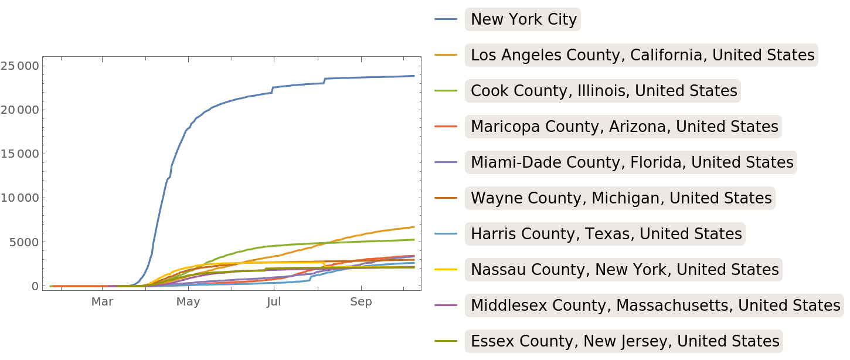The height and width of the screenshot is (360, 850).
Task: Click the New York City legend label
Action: coord(523,19)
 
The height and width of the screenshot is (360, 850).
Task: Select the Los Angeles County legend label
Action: coord(642,55)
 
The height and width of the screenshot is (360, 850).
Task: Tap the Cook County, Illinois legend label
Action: coord(604,91)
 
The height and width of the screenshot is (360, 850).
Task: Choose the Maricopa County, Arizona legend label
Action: coord(624,127)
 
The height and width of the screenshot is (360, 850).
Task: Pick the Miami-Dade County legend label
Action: coord(632,162)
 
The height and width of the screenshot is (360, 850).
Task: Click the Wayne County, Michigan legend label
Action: coord(621,198)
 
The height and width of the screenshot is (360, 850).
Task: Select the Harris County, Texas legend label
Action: coord(606,234)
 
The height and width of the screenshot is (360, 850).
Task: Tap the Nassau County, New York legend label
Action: coord(624,270)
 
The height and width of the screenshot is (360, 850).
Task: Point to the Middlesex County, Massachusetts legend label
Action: coord(655,305)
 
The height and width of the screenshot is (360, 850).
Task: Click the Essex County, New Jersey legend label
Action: coord(625,341)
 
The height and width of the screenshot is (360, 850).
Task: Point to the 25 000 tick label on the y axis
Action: coord(19,66)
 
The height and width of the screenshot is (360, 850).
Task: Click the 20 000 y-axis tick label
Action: coord(19,110)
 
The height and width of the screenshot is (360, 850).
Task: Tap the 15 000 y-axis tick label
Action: coord(19,154)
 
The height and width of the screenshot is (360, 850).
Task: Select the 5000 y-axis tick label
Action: coord(24,242)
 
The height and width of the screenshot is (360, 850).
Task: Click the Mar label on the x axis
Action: coord(102,302)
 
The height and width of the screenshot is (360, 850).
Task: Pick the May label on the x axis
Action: coord(188,302)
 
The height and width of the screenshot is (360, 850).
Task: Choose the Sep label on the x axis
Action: coord(361,302)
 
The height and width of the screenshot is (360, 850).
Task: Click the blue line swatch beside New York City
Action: coord(446,19)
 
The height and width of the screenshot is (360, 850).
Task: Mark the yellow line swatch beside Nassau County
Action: coord(446,270)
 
